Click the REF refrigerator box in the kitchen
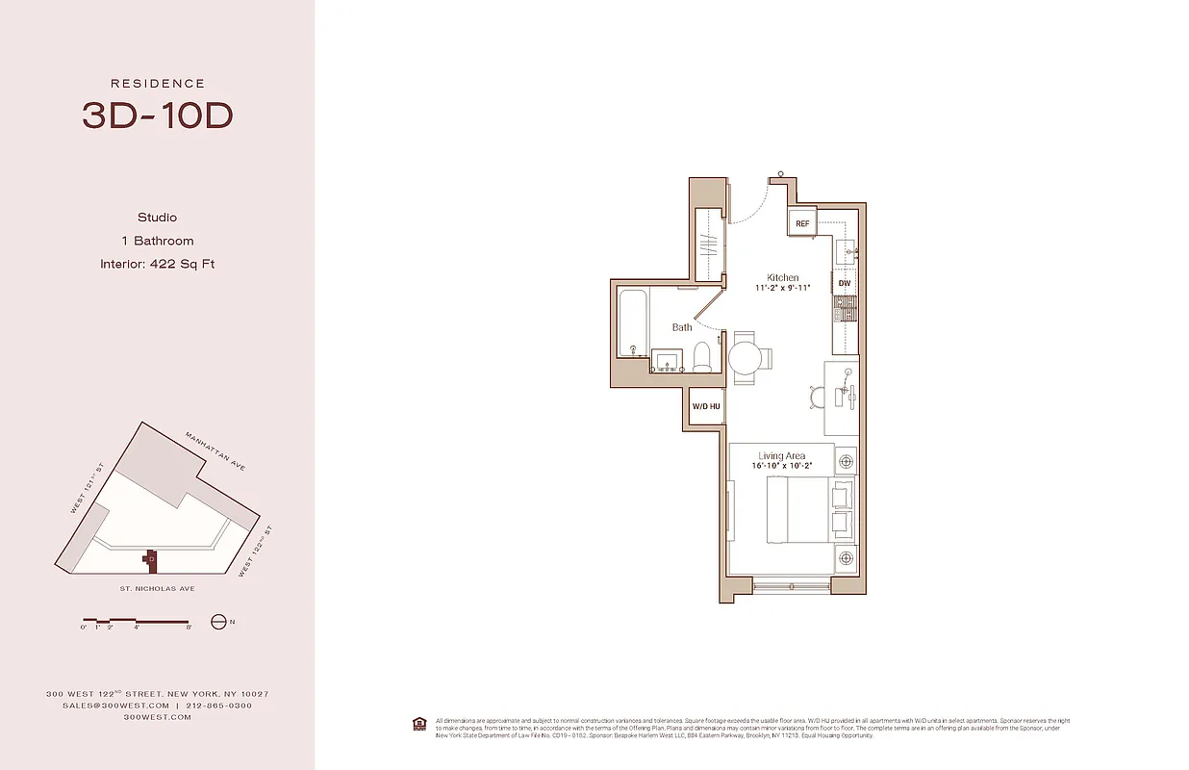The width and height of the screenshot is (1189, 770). coord(802,224)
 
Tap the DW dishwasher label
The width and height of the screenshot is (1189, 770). coord(844,283)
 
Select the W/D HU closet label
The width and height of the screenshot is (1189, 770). coord(706,407)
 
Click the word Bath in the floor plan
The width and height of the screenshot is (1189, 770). coord(682,327)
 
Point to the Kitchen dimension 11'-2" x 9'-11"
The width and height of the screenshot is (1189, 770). coord(783,288)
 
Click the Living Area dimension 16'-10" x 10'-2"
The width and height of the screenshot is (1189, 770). coord(782,466)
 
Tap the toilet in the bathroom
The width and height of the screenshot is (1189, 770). coord(702,356)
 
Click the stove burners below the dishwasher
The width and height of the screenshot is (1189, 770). coord(844,308)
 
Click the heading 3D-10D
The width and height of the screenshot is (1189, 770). coord(157,115)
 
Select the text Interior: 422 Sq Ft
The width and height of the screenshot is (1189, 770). coord(157,264)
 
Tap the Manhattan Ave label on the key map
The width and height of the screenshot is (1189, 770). coord(215,451)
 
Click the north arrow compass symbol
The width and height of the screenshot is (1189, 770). coord(218,622)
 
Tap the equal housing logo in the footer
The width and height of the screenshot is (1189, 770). coord(418,724)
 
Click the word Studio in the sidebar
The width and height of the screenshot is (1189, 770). coord(157,218)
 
